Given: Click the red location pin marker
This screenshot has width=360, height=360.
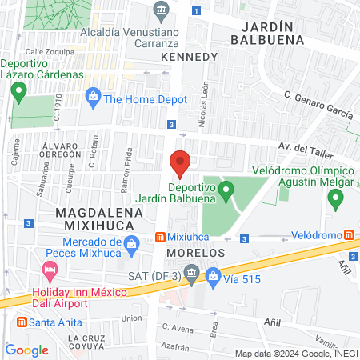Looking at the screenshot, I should pos(180,162).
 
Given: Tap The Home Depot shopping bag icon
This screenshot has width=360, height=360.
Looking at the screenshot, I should pos(94,99).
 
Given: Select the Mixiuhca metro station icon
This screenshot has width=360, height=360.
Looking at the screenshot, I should pos(160,238).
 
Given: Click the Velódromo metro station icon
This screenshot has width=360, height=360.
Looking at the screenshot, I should pos(350,235).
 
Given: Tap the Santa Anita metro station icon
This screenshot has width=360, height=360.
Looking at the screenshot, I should pos(21,322).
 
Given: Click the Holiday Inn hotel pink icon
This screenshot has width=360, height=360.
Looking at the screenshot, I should pos(52,269).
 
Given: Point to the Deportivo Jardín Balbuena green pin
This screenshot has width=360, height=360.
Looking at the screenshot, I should pos(226,190).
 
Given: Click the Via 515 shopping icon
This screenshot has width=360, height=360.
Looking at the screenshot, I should pos(214,277).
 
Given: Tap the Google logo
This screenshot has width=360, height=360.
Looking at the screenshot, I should pos(26,350).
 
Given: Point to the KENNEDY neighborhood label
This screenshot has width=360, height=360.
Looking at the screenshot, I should pos(189,58).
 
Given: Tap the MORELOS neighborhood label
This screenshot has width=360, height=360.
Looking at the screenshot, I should pos(195,253).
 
